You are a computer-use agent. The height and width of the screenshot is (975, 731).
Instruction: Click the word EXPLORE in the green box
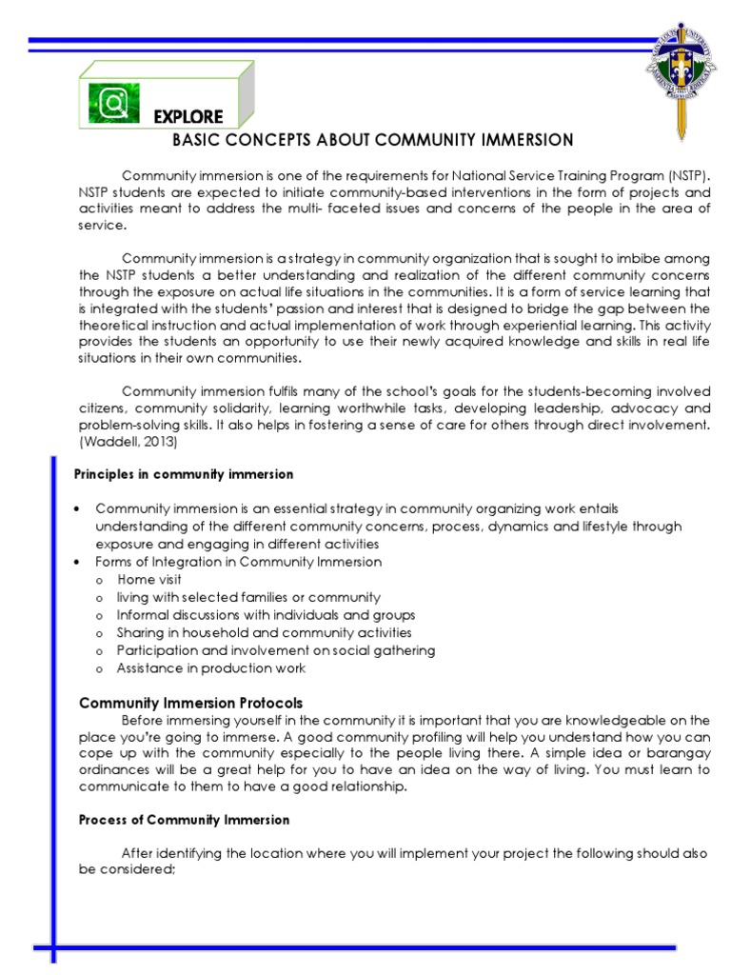click(x=188, y=117)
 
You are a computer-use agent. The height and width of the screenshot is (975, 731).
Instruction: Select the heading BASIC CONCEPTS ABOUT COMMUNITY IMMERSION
click(x=372, y=141)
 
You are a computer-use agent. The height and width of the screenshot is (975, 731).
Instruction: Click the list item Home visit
click(x=149, y=579)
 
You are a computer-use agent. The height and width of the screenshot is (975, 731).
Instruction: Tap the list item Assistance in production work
click(x=211, y=668)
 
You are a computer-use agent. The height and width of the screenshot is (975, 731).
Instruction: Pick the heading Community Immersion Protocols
click(x=190, y=703)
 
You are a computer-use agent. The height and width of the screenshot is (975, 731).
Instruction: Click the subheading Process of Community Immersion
click(x=184, y=819)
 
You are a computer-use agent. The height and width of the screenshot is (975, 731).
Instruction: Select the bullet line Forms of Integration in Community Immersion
click(x=239, y=562)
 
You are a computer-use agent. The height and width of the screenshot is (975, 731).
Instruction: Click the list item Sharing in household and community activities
click(x=264, y=632)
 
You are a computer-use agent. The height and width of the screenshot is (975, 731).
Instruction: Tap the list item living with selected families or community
click(x=248, y=597)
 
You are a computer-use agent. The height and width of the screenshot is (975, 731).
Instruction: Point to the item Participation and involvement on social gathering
click(x=276, y=650)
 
